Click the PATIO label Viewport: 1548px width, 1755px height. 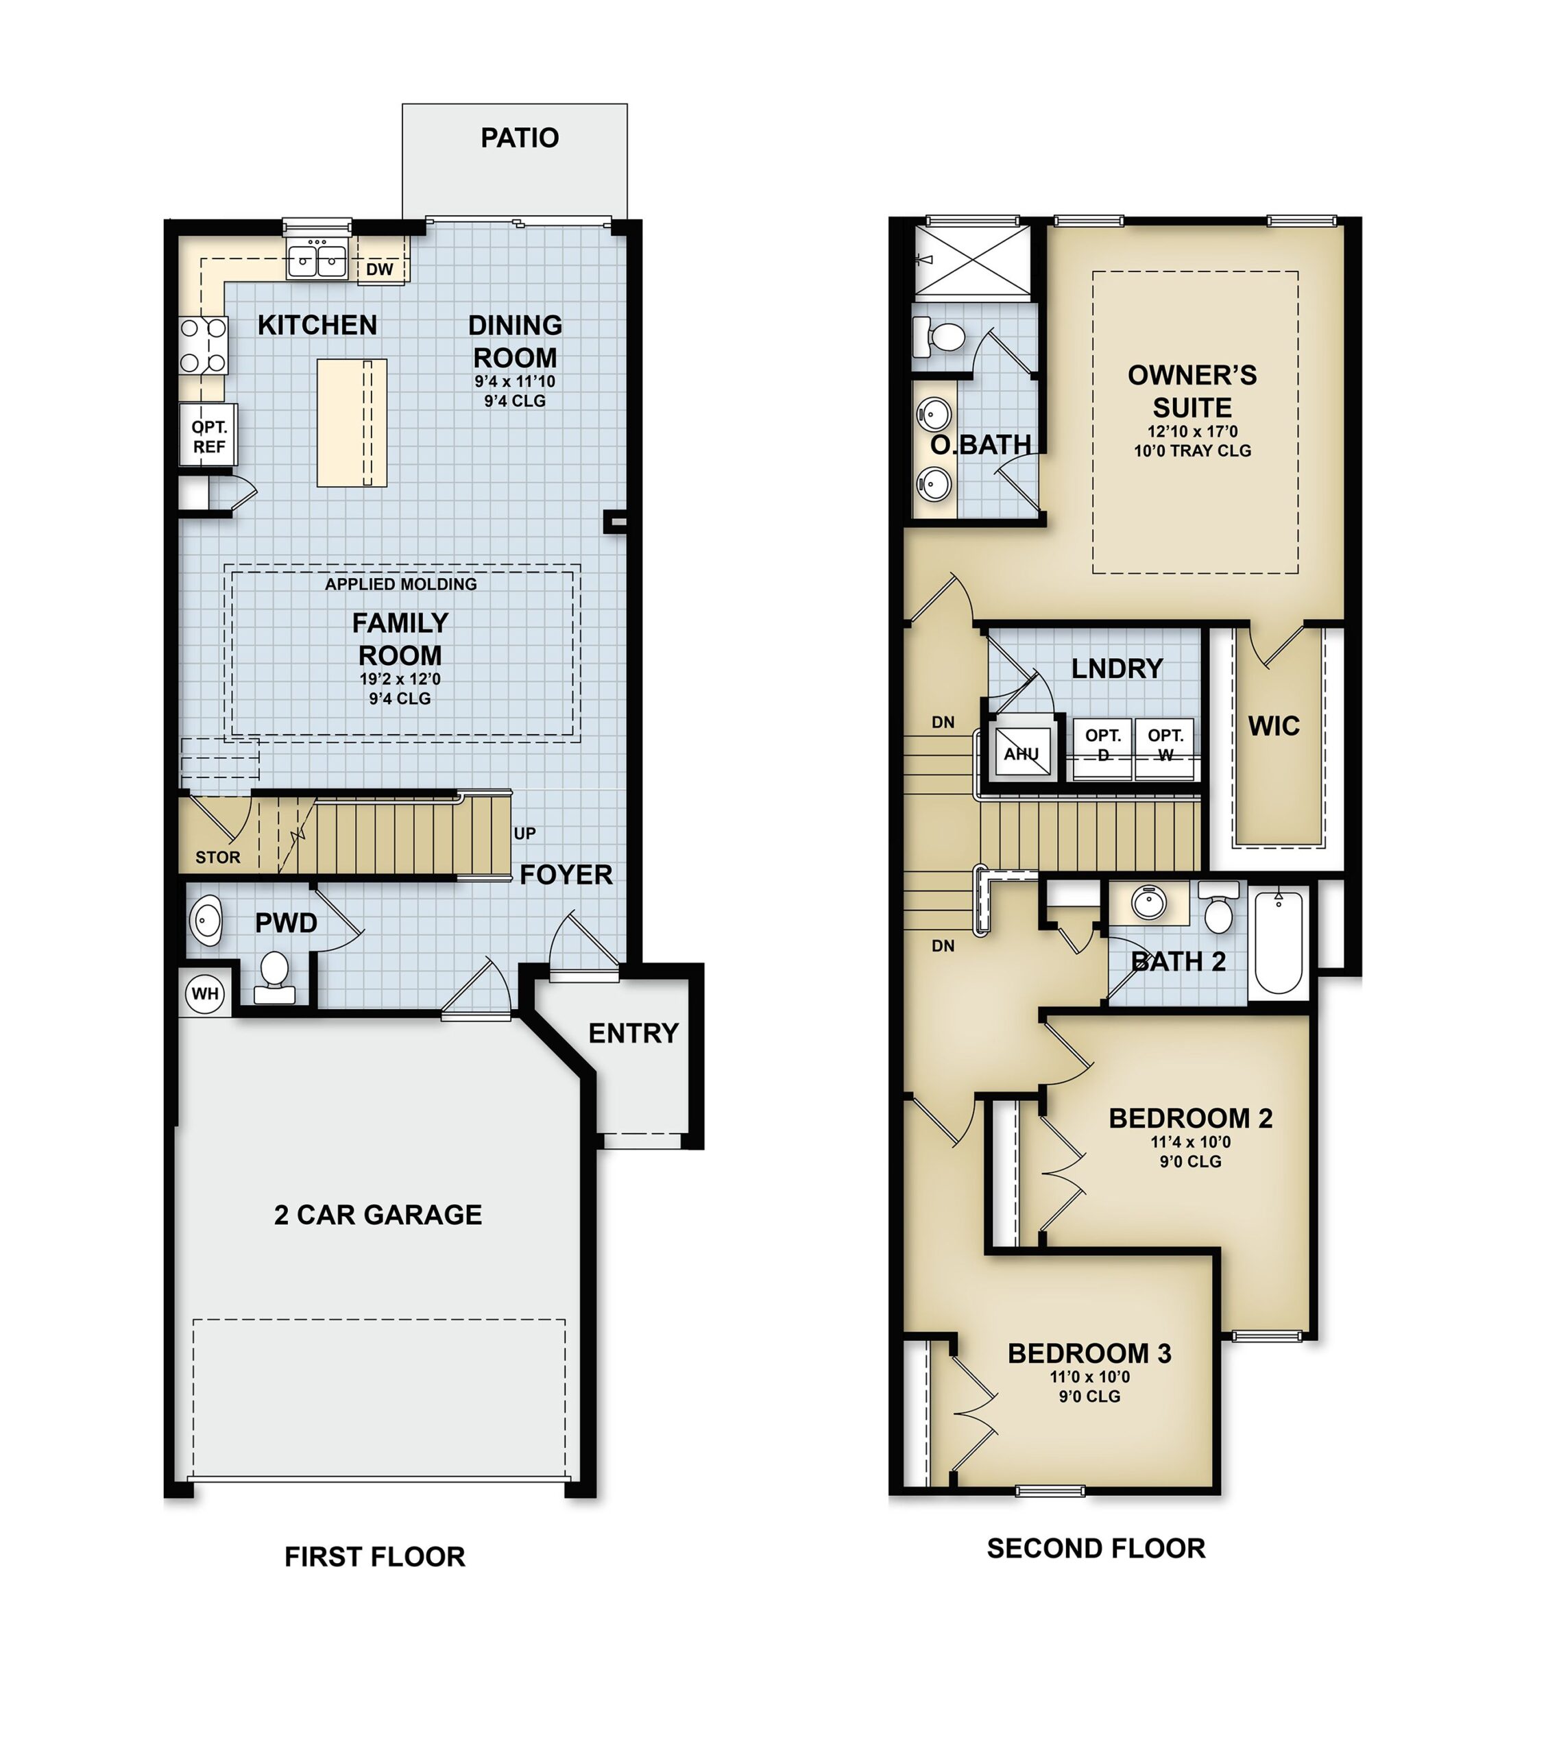pyautogui.click(x=520, y=137)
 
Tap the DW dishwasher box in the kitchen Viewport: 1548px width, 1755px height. pyautogui.click(x=380, y=269)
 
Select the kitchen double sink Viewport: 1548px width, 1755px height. pyautogui.click(x=317, y=260)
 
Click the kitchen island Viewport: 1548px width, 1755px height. pyautogui.click(x=351, y=422)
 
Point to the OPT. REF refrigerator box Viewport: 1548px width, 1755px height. pyautogui.click(x=208, y=436)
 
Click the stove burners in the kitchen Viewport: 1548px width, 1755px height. pyautogui.click(x=204, y=345)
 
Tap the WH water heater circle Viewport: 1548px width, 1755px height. pyautogui.click(x=204, y=993)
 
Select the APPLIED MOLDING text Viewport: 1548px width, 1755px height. pyautogui.click(x=400, y=584)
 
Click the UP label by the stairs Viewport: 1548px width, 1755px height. pyautogui.click(x=524, y=833)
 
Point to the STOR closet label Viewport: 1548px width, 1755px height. pyautogui.click(x=217, y=857)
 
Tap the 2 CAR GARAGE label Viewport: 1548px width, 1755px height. pyautogui.click(x=378, y=1214)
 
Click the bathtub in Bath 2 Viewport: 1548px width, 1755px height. pyautogui.click(x=1279, y=942)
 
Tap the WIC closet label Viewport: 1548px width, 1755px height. pyautogui.click(x=1273, y=727)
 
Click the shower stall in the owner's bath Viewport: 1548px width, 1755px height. pyautogui.click(x=973, y=260)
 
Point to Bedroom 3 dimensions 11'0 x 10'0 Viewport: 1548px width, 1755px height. pyautogui.click(x=1089, y=1377)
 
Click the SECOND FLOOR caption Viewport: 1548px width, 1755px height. pyautogui.click(x=1096, y=1547)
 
